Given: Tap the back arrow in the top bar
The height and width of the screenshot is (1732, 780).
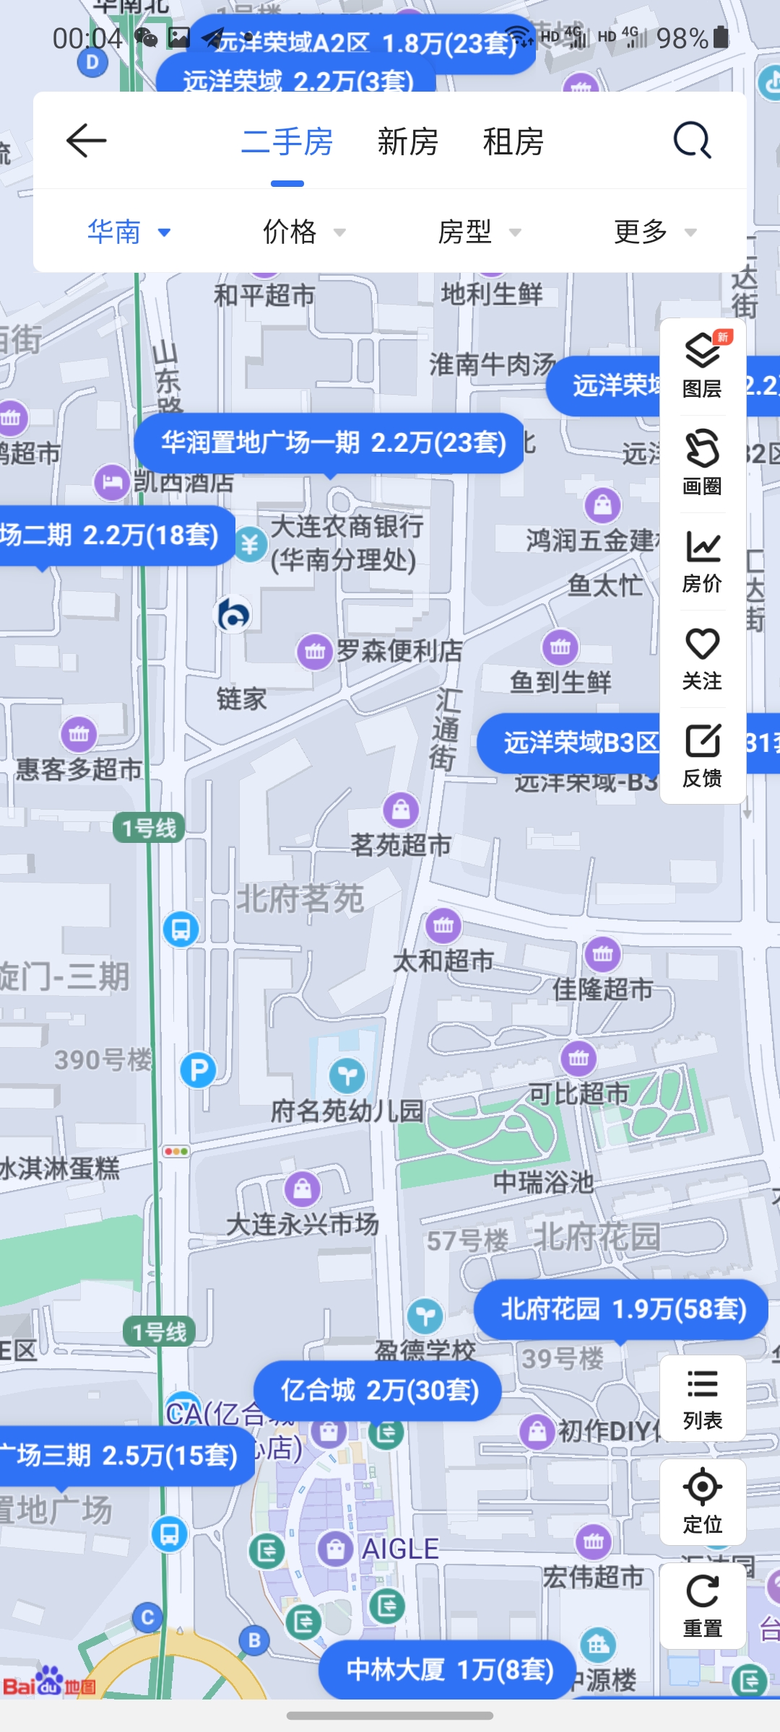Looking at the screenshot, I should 87,140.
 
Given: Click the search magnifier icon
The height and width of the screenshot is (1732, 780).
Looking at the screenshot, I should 692,140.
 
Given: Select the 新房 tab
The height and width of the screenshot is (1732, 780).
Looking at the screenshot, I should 407,141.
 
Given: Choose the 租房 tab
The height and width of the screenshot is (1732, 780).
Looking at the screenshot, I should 513,141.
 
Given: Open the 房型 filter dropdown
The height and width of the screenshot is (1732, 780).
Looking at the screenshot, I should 479,232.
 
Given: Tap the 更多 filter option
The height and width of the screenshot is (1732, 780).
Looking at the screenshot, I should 654,232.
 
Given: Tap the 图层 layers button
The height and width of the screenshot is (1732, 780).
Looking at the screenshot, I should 702,366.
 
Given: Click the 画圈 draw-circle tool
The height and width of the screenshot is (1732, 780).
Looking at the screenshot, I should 702,463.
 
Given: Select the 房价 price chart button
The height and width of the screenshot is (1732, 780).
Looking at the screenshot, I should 702,561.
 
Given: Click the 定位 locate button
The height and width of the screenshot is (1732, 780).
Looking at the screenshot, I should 702,1501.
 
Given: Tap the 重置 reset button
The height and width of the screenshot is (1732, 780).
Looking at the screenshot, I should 702,1605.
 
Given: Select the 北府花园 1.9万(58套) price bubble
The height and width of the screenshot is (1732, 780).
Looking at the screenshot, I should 621,1309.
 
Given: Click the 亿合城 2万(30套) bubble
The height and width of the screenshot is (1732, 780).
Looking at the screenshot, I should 378,1390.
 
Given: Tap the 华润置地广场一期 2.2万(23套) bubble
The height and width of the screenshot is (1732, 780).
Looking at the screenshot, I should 331,442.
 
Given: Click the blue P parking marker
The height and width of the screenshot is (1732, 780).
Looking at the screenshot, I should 198,1070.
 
